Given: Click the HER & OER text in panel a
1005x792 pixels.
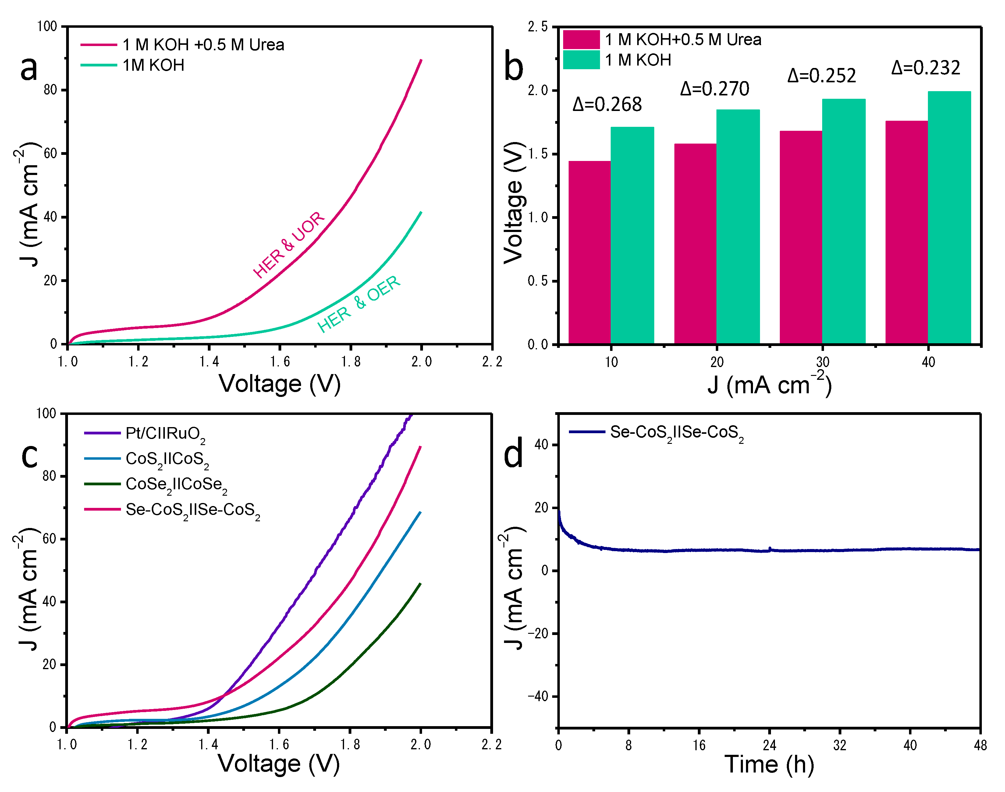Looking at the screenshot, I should coord(358,304).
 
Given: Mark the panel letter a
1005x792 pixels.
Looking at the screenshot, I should coord(29,68).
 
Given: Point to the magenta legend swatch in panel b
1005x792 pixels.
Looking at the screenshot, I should coord(581,39).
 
